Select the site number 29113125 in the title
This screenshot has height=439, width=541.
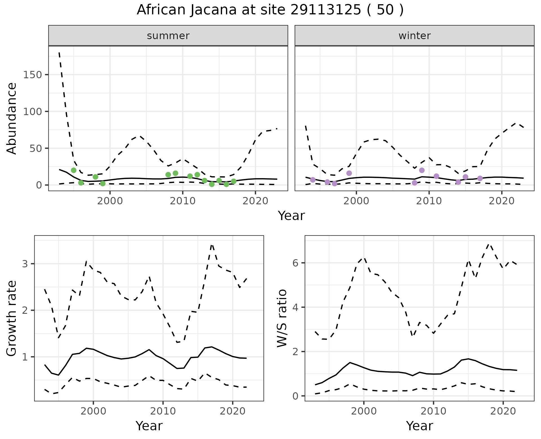pos(325,10)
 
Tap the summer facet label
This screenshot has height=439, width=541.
pos(168,36)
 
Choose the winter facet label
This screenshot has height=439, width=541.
pos(414,36)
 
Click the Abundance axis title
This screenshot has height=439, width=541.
pos(12,118)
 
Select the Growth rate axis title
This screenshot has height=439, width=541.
pos(12,319)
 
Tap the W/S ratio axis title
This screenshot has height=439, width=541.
pos(282,319)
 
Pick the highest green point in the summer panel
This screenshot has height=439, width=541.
pos(74,170)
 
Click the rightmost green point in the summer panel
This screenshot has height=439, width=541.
pos(234,181)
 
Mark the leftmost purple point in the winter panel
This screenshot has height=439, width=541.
pos(313,180)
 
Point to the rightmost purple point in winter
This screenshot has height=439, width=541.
pos(480,178)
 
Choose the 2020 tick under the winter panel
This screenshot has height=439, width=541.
pos(502,201)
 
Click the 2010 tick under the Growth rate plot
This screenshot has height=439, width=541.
pos(163,411)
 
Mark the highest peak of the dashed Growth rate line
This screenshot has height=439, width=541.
pos(212,245)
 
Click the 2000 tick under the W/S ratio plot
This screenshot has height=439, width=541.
pos(364,411)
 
